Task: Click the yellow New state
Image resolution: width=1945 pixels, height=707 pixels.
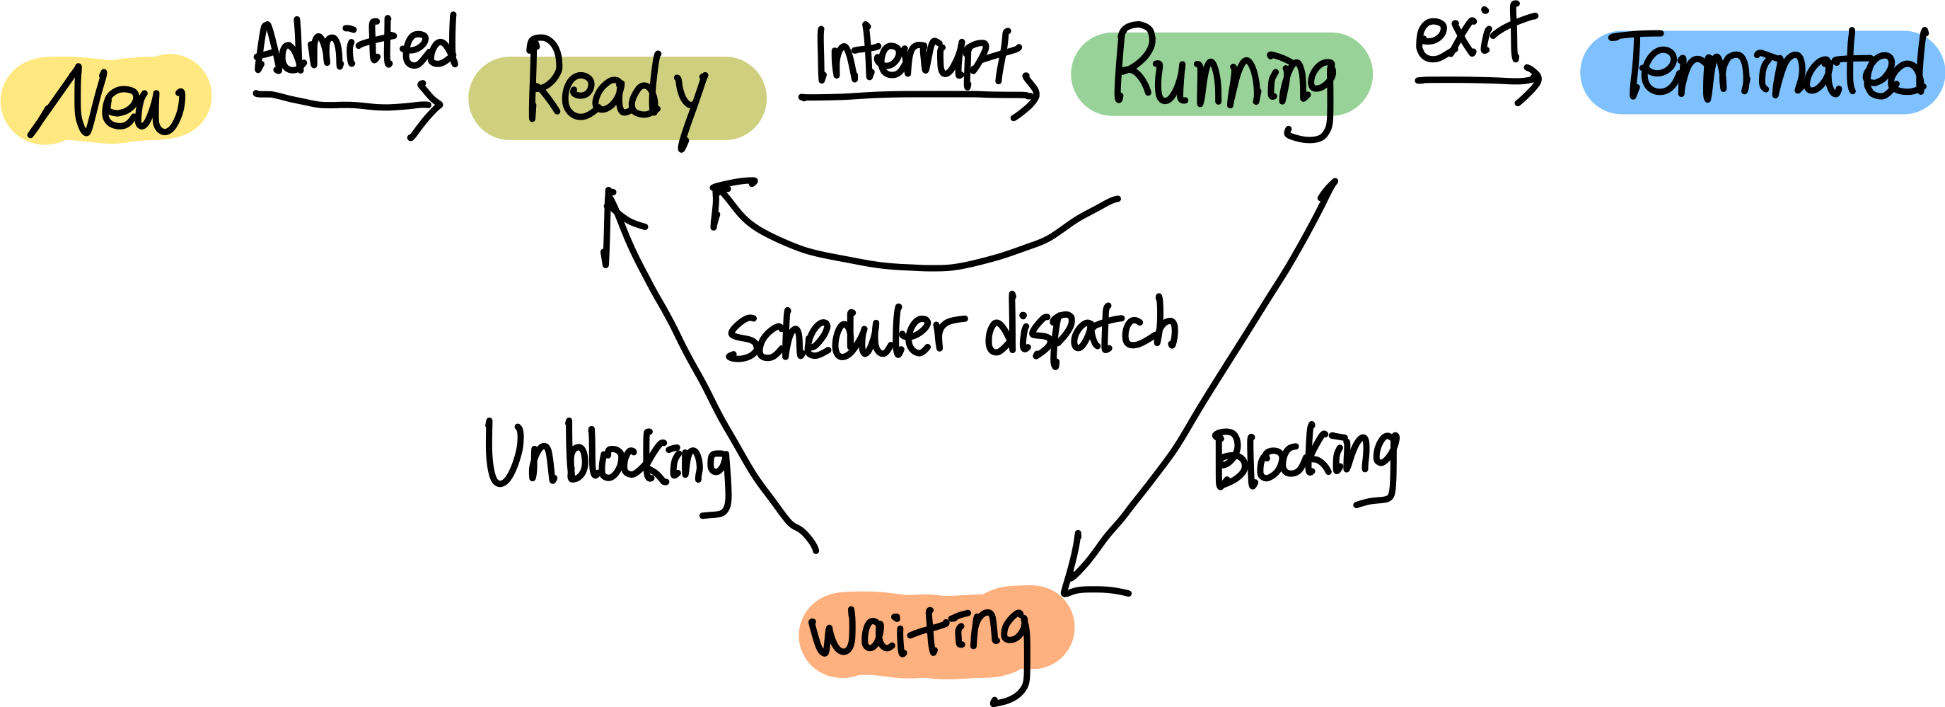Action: click(105, 99)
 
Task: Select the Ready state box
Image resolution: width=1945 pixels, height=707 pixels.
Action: click(617, 98)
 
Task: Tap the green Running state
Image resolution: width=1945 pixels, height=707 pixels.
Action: click(1221, 74)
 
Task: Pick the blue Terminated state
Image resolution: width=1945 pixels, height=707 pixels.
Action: click(1763, 72)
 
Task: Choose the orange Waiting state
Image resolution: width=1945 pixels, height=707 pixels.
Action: click(936, 631)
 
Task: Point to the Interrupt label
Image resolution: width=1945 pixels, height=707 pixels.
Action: click(918, 53)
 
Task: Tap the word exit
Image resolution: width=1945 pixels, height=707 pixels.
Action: click(1475, 34)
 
